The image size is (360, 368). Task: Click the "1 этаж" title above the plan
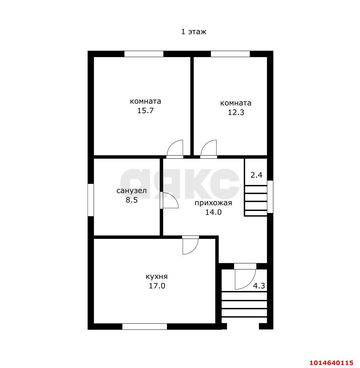pos(194,31)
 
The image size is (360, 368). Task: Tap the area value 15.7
pos(145,110)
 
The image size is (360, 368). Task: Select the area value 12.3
pos(236,113)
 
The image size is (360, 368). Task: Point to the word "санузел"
pos(132,191)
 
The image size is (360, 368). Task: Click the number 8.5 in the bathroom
pos(132,200)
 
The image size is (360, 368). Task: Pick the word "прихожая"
pos(213,203)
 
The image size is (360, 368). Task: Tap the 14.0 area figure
pos(213,212)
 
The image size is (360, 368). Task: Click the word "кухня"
pos(157,277)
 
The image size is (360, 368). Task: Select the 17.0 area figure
pos(157,286)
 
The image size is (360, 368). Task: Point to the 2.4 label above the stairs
pos(256,175)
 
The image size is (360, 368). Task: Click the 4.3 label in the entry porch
pos(259,286)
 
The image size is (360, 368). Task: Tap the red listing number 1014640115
pos(331,362)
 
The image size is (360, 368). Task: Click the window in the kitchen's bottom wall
pos(145,327)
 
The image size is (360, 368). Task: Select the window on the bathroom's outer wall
pos(91,200)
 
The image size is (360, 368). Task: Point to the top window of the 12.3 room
pos(230,54)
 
